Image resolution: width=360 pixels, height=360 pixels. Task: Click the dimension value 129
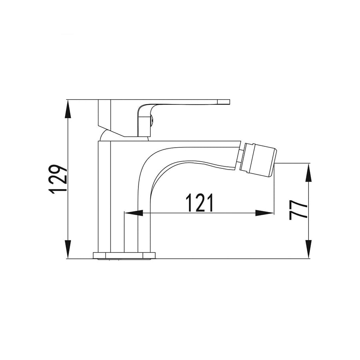tap(58, 179)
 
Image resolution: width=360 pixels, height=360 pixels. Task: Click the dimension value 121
tap(200, 203)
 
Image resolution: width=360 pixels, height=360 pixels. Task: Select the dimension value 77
tap(298, 210)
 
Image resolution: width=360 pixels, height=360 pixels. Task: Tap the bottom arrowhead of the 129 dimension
tap(68, 249)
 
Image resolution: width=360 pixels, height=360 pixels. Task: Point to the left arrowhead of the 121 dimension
tap(134, 213)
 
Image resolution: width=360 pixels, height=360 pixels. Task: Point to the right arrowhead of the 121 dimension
tap(264, 213)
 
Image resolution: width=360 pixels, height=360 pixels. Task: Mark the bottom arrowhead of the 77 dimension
tap(309, 249)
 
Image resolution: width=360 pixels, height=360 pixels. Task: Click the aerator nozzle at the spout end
tap(259, 160)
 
